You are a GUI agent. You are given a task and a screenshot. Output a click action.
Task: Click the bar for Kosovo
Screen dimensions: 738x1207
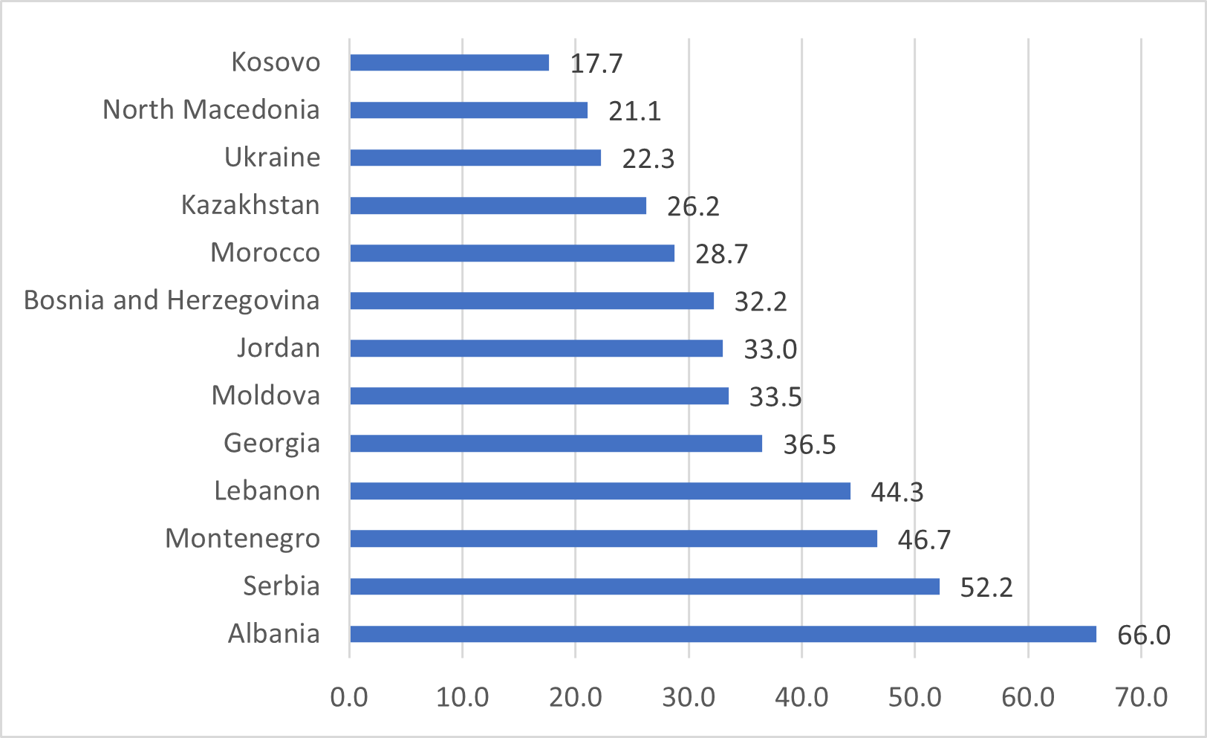coord(449,62)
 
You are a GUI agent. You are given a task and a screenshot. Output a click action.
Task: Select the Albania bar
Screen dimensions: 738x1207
coord(723,634)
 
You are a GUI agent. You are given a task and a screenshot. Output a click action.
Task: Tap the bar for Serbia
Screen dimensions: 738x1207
coord(645,586)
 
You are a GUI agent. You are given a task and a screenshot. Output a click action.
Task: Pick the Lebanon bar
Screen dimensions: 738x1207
coord(600,491)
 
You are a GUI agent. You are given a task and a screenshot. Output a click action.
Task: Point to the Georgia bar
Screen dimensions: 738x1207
coord(556,444)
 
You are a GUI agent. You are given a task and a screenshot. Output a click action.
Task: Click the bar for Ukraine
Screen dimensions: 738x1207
coord(475,158)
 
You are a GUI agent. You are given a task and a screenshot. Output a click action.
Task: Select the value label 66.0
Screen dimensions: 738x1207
coord(1144,635)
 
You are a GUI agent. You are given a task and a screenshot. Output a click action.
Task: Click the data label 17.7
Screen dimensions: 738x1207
coord(596,64)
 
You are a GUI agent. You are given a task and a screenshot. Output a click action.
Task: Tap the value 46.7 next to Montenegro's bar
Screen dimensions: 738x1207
coord(924,540)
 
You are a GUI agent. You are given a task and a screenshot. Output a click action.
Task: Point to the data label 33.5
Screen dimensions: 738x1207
coord(775,397)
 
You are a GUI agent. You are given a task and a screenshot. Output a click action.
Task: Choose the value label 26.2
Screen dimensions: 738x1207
coord(693,207)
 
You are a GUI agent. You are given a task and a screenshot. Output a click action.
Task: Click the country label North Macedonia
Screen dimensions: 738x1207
coord(211,110)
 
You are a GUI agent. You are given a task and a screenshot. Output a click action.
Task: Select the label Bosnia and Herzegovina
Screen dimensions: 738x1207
coord(172,300)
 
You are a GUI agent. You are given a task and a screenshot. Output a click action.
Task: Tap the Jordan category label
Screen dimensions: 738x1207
coord(279,348)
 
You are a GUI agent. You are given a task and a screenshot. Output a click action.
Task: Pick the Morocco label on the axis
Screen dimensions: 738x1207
coord(265,253)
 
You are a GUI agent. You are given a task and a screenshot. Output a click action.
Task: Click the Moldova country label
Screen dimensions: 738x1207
coord(266,395)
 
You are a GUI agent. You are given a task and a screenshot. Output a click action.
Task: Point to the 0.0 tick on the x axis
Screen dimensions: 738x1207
coord(349,697)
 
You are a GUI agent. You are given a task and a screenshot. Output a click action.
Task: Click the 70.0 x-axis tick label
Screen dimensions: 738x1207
coord(1141,697)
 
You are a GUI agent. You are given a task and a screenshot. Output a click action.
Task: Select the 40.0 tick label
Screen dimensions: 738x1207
coord(801,697)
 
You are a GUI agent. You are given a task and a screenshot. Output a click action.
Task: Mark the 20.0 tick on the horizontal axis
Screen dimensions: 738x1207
coord(575,697)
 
